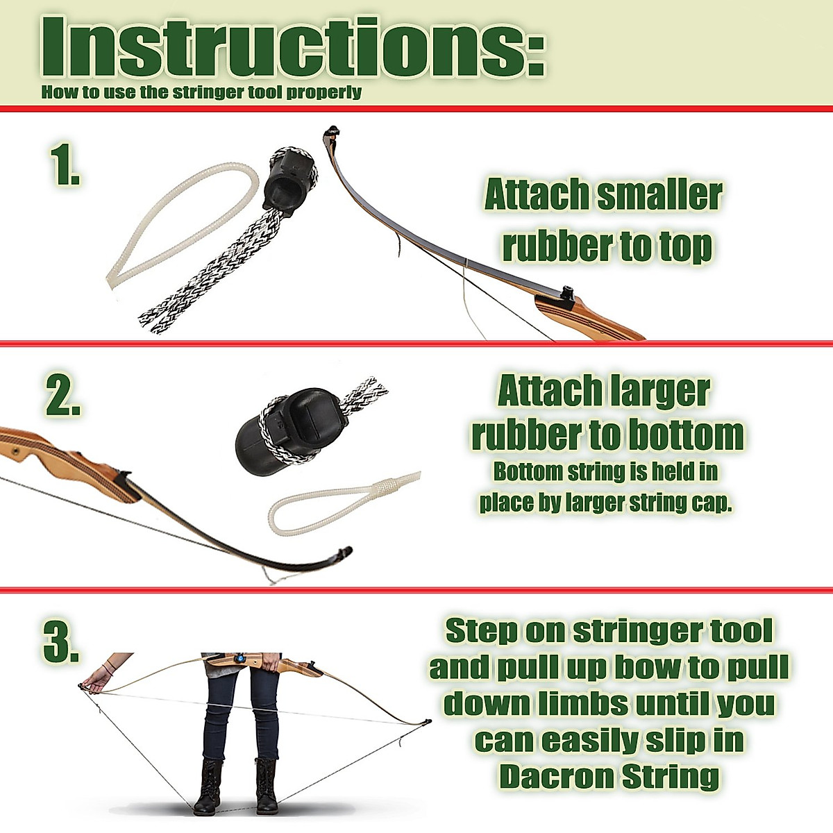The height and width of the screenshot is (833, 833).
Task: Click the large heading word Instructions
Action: click(x=292, y=47)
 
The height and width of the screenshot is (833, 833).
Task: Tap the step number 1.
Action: click(x=65, y=165)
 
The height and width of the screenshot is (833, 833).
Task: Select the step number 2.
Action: click(x=63, y=396)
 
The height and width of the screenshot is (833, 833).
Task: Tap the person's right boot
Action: click(x=208, y=788)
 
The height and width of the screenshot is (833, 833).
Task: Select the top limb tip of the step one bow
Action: click(x=331, y=131)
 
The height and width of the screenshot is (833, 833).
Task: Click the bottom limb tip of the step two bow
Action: click(x=344, y=553)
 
